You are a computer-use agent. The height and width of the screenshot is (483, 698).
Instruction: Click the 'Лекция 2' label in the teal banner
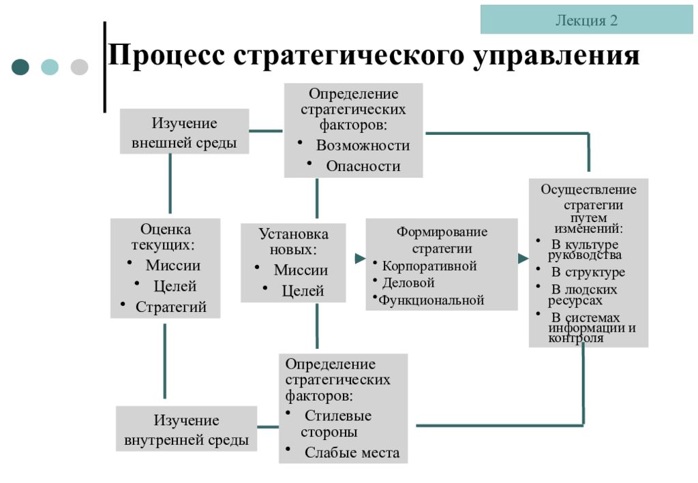click(x=586, y=20)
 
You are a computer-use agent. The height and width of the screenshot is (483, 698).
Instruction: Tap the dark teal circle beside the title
click(x=20, y=67)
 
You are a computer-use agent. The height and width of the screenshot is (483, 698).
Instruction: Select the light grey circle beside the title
click(x=79, y=67)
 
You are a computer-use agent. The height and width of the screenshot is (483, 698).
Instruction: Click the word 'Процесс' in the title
click(x=166, y=55)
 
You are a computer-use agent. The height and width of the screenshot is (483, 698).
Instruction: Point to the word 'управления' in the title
click(x=556, y=56)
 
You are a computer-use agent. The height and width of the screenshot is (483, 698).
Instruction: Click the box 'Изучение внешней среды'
click(x=184, y=131)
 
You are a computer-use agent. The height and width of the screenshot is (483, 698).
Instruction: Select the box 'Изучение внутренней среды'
click(x=187, y=429)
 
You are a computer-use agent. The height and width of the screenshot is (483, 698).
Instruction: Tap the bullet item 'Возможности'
click(x=363, y=145)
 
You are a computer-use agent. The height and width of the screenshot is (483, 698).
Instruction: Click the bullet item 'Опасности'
click(x=363, y=166)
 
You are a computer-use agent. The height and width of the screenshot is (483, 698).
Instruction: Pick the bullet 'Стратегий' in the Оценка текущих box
click(x=171, y=307)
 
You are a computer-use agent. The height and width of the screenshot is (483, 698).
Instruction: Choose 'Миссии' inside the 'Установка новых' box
click(x=301, y=270)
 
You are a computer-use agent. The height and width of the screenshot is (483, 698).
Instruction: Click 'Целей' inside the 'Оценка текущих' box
click(x=175, y=286)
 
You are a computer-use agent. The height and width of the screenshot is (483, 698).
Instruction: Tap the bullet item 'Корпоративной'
click(x=429, y=266)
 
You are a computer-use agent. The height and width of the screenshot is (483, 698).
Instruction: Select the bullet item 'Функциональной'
click(x=431, y=300)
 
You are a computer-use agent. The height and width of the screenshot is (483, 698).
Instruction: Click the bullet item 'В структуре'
click(x=588, y=272)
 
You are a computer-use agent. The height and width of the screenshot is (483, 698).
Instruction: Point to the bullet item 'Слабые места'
click(x=352, y=452)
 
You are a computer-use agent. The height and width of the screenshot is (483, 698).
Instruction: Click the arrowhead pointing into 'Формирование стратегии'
click(x=360, y=258)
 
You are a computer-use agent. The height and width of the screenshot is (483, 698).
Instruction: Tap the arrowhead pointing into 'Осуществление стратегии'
click(x=523, y=258)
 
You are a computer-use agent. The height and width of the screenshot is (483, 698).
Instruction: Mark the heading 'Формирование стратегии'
click(x=442, y=240)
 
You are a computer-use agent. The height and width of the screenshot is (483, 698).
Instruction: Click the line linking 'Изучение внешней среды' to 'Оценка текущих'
click(x=170, y=184)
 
